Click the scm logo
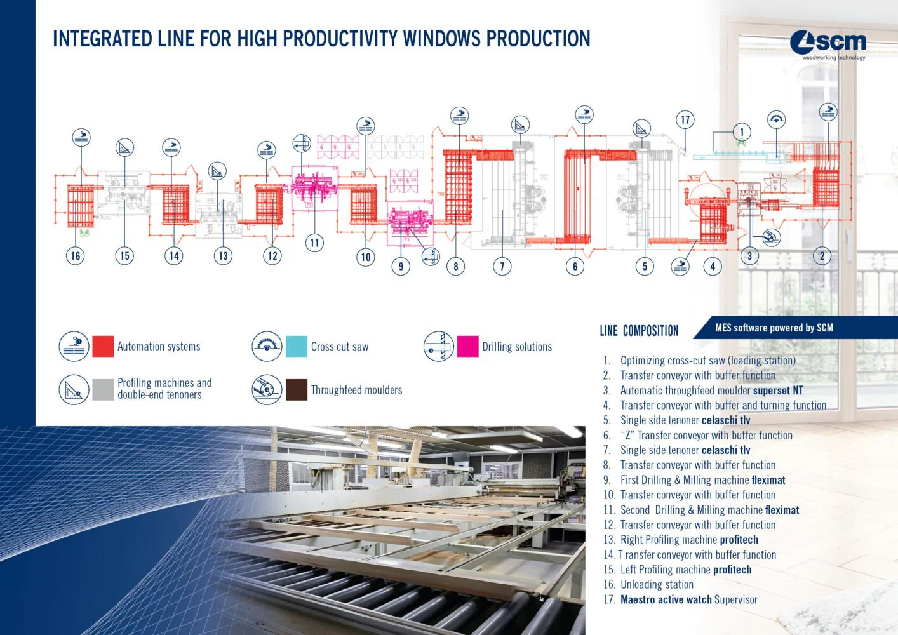pos(828,43)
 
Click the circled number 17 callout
pos(685,119)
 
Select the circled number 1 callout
pos(741,132)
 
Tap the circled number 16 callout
pos(76,256)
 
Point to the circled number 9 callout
pos(401,266)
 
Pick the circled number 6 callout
pos(575,266)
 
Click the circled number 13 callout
pos(223,256)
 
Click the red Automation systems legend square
pos(103,346)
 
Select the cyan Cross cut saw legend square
pos(297,346)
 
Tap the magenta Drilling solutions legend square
pos(468,346)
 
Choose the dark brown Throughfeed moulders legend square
pos(297,390)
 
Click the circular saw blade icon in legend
pos(267,346)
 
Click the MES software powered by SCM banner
pos(774,328)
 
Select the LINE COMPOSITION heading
pos(639,331)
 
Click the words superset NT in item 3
pos(777,391)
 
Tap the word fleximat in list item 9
pos(768,480)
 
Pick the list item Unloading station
pos(657,585)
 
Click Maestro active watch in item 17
pos(666,599)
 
